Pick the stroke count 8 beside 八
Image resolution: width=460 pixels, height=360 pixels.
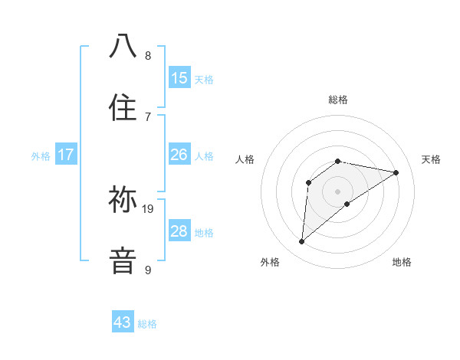pos(148,55)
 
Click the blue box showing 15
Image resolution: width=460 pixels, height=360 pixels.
pos(179,78)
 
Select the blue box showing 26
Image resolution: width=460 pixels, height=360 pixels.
pos(179,155)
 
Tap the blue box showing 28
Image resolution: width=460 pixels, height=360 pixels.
pos(179,231)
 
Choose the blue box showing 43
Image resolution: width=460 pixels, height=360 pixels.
pos(123,322)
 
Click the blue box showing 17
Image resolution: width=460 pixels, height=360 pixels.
pos(66,155)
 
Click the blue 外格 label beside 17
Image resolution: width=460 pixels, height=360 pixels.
pos(41,156)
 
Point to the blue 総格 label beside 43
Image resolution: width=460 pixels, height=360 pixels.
pos(148,324)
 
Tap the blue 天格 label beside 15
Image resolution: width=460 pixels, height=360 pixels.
pos(204,80)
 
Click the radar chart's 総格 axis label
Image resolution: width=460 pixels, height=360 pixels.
pos(338,100)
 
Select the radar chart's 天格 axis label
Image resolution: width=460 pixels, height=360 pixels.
pos(431,159)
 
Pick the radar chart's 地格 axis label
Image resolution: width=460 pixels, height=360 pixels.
pos(402,262)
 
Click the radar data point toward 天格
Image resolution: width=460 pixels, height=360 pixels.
pos(396,172)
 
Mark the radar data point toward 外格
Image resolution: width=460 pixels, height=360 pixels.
pos(302,242)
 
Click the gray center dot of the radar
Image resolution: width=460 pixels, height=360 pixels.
pos(338,191)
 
